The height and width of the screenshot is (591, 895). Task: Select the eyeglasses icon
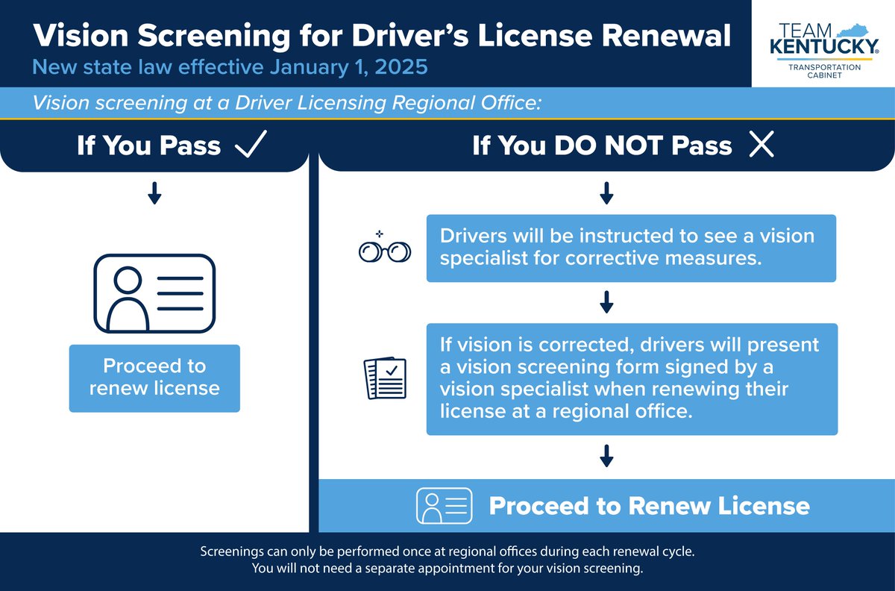[384, 250]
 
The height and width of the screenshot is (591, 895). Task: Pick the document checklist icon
[385, 378]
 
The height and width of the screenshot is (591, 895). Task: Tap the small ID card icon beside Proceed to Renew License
[444, 506]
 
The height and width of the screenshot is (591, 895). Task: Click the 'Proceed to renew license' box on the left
[154, 378]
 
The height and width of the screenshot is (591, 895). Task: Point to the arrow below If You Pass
[154, 193]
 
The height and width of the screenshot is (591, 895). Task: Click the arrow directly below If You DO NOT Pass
[606, 193]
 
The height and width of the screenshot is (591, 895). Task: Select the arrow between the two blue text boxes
[606, 302]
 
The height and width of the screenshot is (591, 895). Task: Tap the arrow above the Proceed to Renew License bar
[606, 456]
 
